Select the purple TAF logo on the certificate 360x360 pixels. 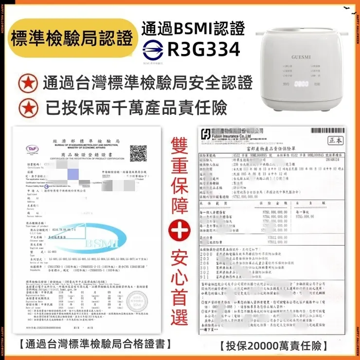click(33, 148)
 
